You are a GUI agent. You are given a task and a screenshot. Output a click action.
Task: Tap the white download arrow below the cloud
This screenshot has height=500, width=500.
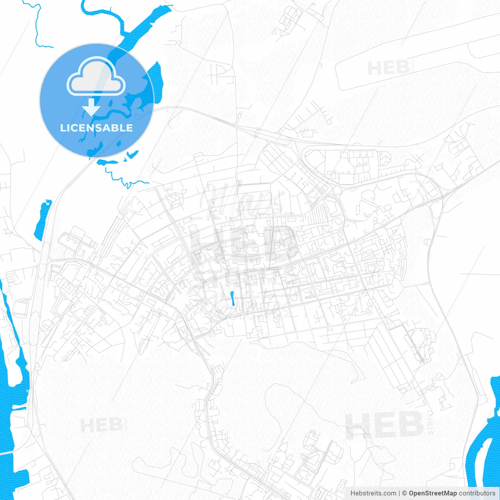tap(91, 107)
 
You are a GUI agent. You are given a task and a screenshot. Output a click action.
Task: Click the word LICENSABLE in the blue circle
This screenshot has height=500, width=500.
tap(96, 128)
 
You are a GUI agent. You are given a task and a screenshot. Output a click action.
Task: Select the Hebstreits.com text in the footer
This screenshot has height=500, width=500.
tap(373, 493)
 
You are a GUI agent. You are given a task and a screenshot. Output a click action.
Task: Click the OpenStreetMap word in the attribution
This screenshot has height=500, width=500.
tap(433, 493)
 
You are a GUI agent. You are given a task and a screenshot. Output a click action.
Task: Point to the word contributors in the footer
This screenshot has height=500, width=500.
tap(477, 493)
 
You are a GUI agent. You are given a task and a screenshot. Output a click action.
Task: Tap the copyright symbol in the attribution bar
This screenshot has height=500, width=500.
tap(404, 493)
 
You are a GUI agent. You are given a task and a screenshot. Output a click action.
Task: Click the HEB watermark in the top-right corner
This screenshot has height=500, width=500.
tap(388, 68)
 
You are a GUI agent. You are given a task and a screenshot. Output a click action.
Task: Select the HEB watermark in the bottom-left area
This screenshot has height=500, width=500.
tap(102, 425)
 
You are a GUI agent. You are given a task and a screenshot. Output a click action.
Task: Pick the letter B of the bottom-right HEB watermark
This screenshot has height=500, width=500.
tap(410, 425)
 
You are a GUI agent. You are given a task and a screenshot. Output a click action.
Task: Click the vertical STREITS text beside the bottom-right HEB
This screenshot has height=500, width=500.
tap(430, 422)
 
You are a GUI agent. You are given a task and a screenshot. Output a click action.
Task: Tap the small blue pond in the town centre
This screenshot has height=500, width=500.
tap(232, 299)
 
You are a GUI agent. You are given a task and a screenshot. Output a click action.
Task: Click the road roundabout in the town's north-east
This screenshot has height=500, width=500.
tap(336, 190)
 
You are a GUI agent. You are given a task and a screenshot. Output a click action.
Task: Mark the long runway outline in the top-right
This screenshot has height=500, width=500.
tap(414, 59)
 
